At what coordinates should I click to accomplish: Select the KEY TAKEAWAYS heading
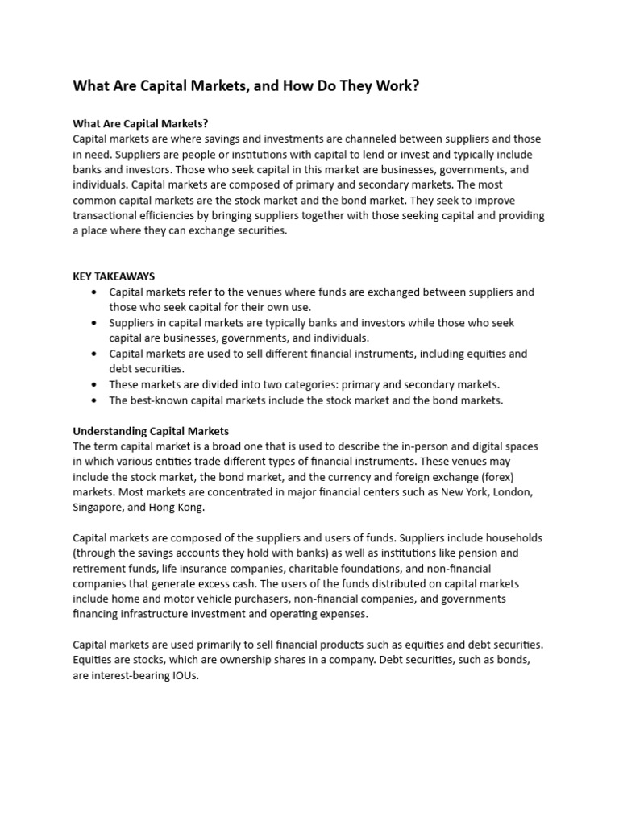114,276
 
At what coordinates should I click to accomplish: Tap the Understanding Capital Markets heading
151,431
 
